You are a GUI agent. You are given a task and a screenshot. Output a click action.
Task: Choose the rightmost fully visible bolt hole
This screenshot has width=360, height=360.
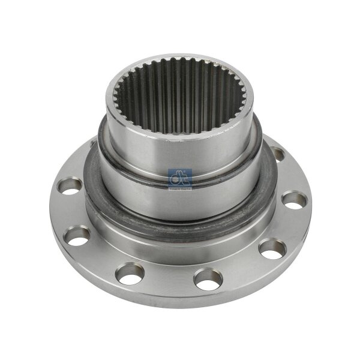293,200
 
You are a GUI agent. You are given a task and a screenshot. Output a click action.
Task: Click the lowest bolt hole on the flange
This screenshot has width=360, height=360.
208,277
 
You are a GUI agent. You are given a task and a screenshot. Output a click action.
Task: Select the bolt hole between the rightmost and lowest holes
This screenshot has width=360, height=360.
273,247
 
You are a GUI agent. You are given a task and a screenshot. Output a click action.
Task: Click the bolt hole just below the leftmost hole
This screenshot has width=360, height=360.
77,233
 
